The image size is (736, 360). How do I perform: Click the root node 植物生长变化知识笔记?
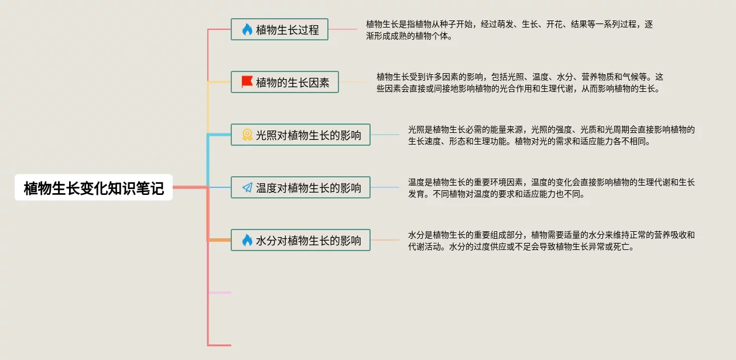(x=94, y=188)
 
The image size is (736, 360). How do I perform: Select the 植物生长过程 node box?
(x=279, y=29)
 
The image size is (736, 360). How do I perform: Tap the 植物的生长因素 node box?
(x=285, y=83)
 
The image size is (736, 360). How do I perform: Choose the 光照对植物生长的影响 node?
(x=300, y=135)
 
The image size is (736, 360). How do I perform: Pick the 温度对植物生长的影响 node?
(x=300, y=188)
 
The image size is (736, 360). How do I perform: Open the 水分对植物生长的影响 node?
(x=300, y=240)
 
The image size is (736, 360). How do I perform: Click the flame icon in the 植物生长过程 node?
(x=247, y=29)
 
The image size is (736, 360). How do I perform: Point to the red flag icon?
(x=247, y=82)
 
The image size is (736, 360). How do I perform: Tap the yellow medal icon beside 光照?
(x=247, y=135)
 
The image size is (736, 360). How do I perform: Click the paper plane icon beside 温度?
(x=247, y=188)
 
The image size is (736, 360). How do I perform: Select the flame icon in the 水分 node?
(x=247, y=240)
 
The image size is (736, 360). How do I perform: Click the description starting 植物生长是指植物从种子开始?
(x=509, y=30)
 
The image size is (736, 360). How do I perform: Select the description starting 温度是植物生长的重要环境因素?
(x=551, y=188)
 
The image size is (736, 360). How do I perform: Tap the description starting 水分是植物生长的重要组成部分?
(x=551, y=241)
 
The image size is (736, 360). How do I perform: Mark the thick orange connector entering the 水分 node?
(x=220, y=240)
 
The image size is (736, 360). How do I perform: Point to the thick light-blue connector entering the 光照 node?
(x=220, y=135)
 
